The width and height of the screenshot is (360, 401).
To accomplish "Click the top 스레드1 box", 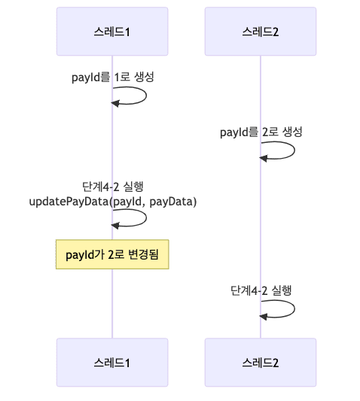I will tap(112, 32).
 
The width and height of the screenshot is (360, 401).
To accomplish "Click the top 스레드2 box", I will tap(261, 32).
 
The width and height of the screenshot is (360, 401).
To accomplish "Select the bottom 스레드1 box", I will tap(112, 362).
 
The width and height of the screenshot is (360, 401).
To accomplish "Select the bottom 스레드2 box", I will tap(261, 362).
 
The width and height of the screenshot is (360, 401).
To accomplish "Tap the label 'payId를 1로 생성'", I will tap(113, 77).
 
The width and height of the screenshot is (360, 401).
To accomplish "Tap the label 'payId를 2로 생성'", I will tap(261, 132).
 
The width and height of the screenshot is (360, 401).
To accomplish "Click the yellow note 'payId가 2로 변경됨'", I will tap(112, 254).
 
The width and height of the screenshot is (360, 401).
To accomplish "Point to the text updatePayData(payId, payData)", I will tap(112, 201).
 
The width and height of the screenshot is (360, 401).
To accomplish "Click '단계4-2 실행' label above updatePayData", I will tap(112, 187).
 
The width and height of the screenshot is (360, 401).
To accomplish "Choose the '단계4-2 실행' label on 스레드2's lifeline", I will tap(261, 290).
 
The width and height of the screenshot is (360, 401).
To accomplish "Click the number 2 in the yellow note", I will tap(111, 254).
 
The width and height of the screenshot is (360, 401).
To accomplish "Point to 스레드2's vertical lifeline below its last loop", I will tap(261, 328).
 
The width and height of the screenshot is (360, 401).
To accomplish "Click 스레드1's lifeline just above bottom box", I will tap(112, 331).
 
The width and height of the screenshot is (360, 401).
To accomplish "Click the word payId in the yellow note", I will tap(79, 254).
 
